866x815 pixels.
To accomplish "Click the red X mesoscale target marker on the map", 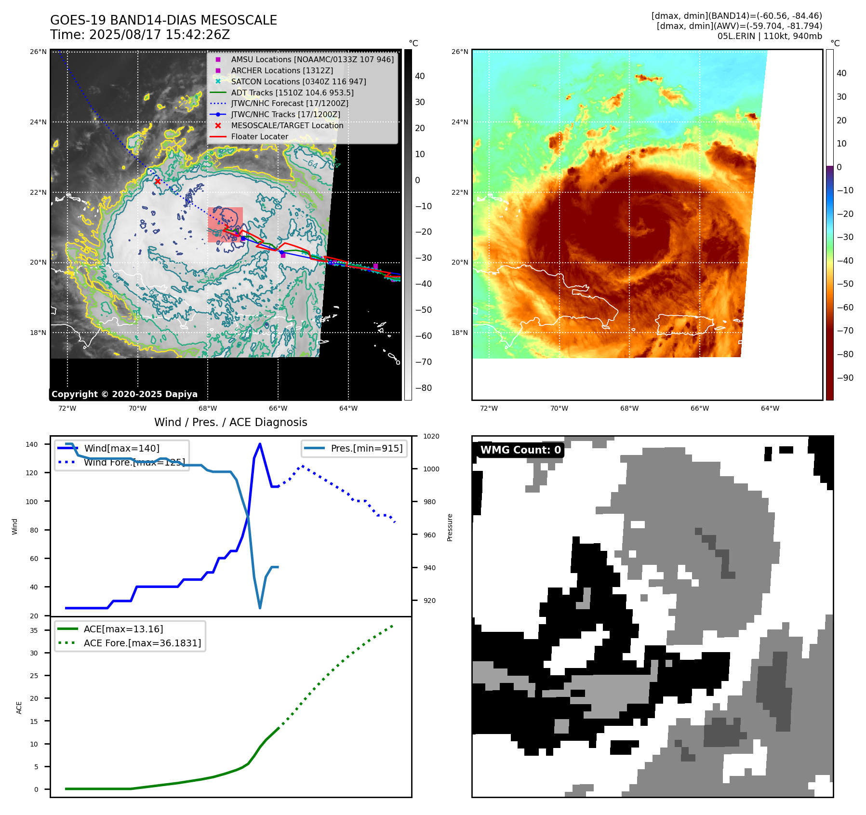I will pyautogui.click(x=158, y=181).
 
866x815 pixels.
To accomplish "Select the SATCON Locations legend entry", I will pyautogui.click(x=298, y=81).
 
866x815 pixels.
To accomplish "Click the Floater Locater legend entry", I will pyautogui.click(x=259, y=136).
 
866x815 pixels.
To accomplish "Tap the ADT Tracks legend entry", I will pyautogui.click(x=292, y=93).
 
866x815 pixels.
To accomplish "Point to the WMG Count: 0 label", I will pyautogui.click(x=520, y=450).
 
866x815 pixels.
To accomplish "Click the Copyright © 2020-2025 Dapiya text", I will pyautogui.click(x=124, y=394).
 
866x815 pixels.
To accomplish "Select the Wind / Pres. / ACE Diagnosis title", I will pyautogui.click(x=230, y=422).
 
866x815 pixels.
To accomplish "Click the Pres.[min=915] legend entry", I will pyautogui.click(x=366, y=448).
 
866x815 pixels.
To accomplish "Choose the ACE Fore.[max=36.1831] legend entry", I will pyautogui.click(x=142, y=643).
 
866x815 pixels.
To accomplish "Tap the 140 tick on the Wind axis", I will pyautogui.click(x=31, y=444).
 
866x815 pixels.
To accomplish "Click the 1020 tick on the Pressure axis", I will pyautogui.click(x=431, y=436).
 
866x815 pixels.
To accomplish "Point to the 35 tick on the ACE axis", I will pyautogui.click(x=34, y=630).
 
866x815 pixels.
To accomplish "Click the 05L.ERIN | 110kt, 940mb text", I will pyautogui.click(x=770, y=36).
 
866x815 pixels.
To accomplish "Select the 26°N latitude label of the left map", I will pyautogui.click(x=38, y=52).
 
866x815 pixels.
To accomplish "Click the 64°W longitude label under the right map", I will pyautogui.click(x=770, y=408).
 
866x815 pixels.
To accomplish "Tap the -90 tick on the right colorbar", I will pyautogui.click(x=845, y=377).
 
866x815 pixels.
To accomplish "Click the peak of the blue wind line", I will pyautogui.click(x=260, y=444).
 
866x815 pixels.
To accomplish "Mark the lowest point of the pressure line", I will pyautogui.click(x=260, y=608).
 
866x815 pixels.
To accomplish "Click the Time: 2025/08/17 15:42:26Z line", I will pyautogui.click(x=140, y=35).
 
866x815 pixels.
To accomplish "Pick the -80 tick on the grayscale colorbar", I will pyautogui.click(x=424, y=387).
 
